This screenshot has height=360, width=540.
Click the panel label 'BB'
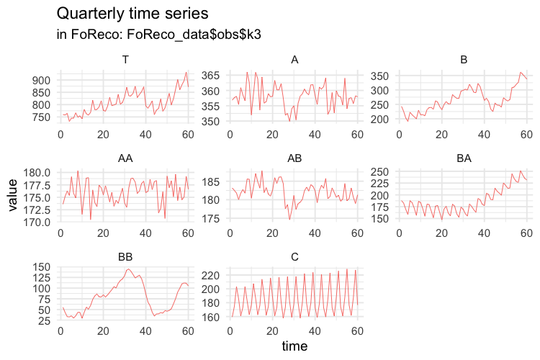125,256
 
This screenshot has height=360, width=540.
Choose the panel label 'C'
294,256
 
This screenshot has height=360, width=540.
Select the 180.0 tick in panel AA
38,173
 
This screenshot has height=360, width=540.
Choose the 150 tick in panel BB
42,266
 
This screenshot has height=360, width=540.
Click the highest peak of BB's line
129,269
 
